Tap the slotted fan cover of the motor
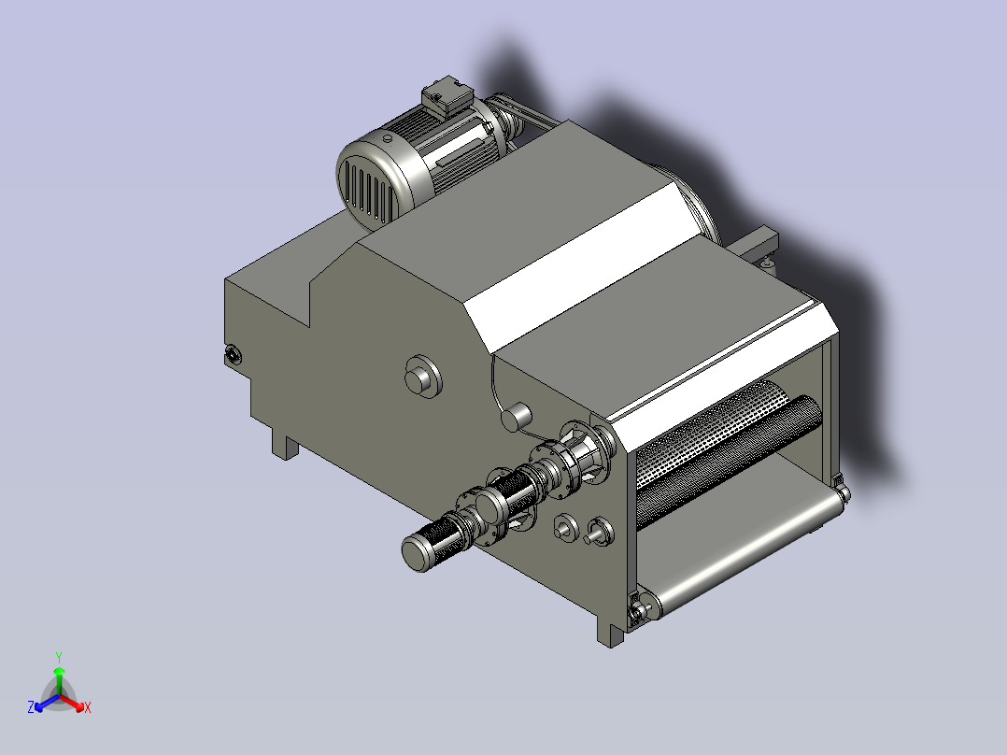(x=367, y=181)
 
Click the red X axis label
(x=88, y=707)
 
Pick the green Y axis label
(x=59, y=657)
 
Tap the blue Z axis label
(x=31, y=707)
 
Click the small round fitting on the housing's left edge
(x=233, y=354)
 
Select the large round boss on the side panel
(x=423, y=377)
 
